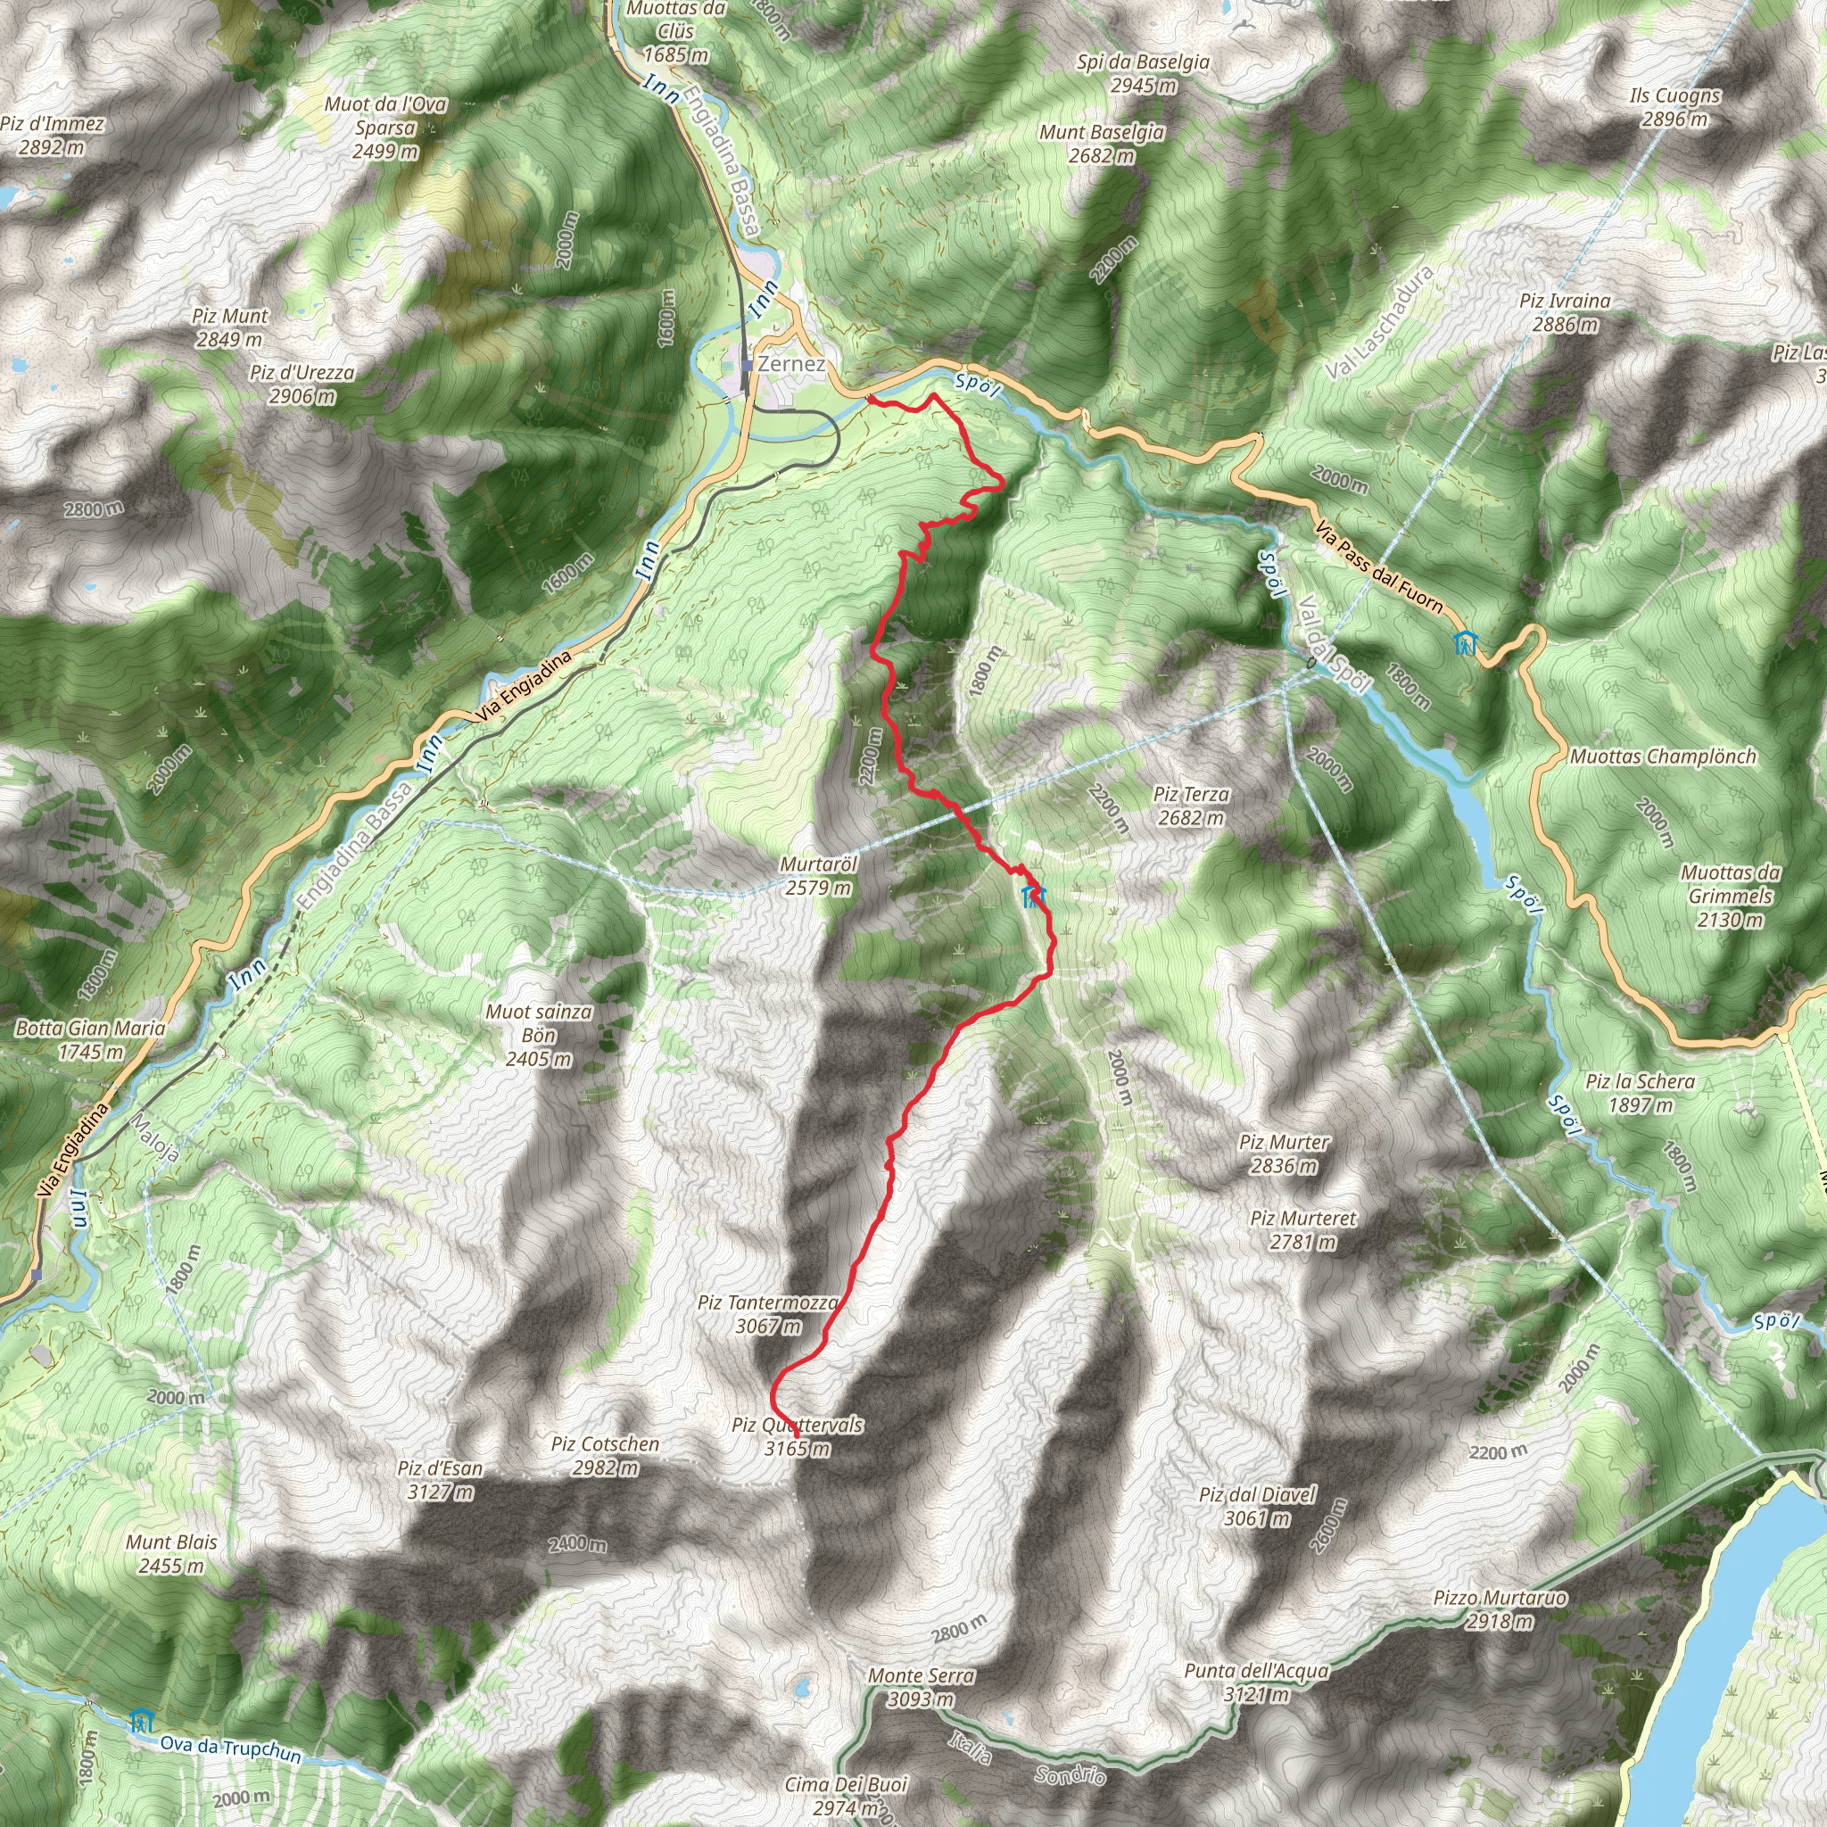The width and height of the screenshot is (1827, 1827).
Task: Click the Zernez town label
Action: pos(790,364)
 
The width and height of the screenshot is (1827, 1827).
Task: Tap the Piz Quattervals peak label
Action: pos(798,1436)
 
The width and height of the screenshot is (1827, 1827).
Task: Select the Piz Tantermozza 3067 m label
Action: pos(768,1314)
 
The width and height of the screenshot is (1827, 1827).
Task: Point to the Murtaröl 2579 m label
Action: pos(818,876)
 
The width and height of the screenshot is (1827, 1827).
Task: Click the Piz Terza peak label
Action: pos(1192,806)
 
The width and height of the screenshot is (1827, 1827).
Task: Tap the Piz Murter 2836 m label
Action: pos(1285,1153)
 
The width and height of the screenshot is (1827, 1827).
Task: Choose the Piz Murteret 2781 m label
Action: pos(1303,1229)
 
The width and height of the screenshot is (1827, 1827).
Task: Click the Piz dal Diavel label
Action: pos(1257,1506)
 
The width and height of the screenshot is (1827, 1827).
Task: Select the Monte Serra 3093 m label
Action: pos(921,1687)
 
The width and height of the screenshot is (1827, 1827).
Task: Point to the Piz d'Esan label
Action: pos(440,1480)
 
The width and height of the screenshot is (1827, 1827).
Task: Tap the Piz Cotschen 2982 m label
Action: pos(605,1455)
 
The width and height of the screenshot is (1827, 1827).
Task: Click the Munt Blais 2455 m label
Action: pos(171,1554)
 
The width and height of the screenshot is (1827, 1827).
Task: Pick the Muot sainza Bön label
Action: pos(539,1036)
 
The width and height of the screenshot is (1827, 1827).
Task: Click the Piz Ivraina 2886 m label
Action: pos(1565,313)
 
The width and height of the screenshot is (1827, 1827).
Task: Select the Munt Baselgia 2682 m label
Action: pos(1102,144)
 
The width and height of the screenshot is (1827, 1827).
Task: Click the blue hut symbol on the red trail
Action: pos(1033,897)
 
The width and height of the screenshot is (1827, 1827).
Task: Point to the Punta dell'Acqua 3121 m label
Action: pos(1256,1682)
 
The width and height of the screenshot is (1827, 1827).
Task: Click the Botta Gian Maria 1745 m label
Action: pos(90,1039)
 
